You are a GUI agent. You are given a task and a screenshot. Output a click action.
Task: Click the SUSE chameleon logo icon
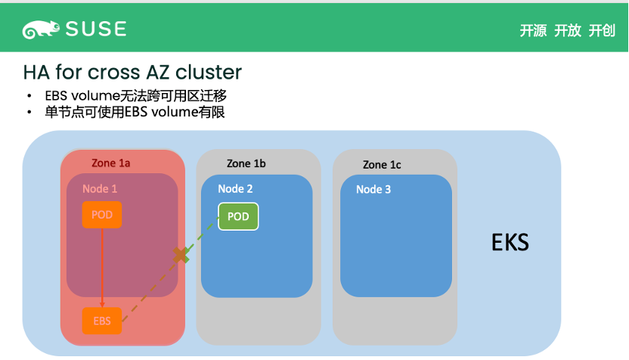click(x=39, y=29)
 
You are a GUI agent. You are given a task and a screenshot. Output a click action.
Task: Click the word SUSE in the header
click(x=95, y=29)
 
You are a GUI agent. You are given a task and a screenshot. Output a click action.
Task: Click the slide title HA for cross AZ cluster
click(x=132, y=73)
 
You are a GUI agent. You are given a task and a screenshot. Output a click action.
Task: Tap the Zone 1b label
click(x=246, y=163)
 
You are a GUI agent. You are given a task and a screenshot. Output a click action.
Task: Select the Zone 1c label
click(x=382, y=164)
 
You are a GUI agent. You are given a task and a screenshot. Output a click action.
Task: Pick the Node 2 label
click(x=235, y=189)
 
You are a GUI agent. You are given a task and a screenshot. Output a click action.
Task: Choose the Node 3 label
click(x=373, y=189)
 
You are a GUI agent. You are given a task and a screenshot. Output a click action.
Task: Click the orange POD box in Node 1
click(x=102, y=215)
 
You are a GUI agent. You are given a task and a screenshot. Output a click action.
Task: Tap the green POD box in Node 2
click(x=238, y=216)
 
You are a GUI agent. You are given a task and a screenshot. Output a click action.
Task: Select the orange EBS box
click(x=102, y=321)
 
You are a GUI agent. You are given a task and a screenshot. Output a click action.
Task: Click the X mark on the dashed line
click(x=181, y=255)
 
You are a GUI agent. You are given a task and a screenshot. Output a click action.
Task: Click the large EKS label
click(x=510, y=243)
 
